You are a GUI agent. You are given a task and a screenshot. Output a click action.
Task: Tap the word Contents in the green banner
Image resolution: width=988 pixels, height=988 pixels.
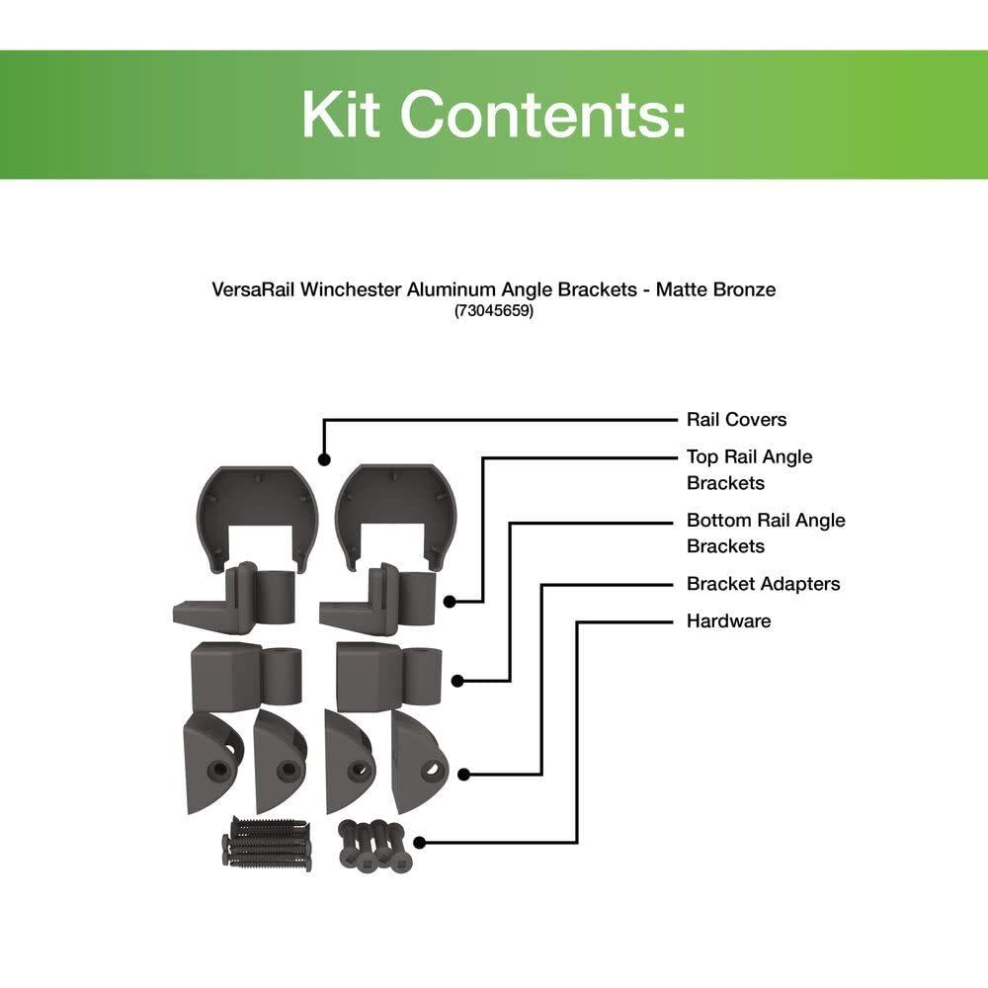pyautogui.click(x=541, y=115)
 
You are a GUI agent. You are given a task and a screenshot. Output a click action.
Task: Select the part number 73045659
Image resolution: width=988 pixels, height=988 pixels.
pyautogui.click(x=493, y=311)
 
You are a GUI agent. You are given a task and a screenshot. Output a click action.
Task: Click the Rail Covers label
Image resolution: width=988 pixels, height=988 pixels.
pyautogui.click(x=736, y=420)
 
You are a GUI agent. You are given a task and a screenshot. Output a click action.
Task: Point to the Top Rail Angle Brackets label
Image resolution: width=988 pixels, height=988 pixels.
pyautogui.click(x=750, y=469)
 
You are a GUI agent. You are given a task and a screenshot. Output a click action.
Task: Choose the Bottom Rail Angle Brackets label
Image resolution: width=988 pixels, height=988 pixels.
pyautogui.click(x=766, y=533)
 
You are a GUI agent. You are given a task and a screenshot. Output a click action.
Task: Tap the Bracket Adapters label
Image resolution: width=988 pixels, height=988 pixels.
pyautogui.click(x=763, y=584)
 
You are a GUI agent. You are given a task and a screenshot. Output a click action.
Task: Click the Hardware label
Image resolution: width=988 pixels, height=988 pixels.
pyautogui.click(x=728, y=621)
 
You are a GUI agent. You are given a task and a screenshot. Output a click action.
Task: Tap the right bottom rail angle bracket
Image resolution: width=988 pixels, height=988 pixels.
pyautogui.click(x=388, y=675)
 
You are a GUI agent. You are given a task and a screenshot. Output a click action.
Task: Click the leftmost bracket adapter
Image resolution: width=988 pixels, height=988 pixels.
pyautogui.click(x=212, y=760)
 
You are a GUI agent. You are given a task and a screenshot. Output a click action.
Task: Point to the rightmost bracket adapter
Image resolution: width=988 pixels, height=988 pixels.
pyautogui.click(x=419, y=759)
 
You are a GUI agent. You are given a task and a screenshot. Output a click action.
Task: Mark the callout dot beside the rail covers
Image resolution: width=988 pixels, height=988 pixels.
pyautogui.click(x=323, y=458)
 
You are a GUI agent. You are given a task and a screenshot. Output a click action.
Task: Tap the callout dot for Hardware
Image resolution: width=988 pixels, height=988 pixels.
pyautogui.click(x=419, y=843)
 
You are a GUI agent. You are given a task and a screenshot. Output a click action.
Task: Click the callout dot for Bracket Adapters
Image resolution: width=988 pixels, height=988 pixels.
pyautogui.click(x=463, y=775)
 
